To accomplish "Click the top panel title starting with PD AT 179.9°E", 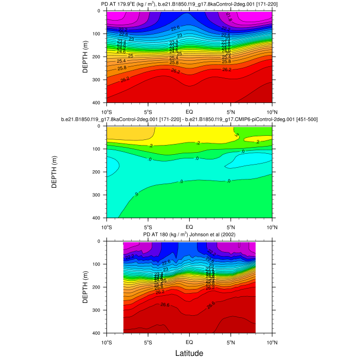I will [x=189, y=5].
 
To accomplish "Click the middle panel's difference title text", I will [x=189, y=119].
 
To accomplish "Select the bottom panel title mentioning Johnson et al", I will [x=189, y=235].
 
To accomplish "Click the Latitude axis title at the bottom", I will [x=189, y=353].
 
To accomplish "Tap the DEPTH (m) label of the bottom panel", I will [x=85, y=287].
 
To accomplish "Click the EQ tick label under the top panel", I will [x=189, y=111].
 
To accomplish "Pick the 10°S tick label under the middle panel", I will [x=106, y=226].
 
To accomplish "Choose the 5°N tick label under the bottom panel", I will [x=230, y=341].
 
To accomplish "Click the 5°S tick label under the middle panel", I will [x=148, y=226].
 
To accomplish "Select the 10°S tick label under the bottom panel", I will [x=106, y=341].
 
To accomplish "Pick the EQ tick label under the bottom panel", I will [x=189, y=341].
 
